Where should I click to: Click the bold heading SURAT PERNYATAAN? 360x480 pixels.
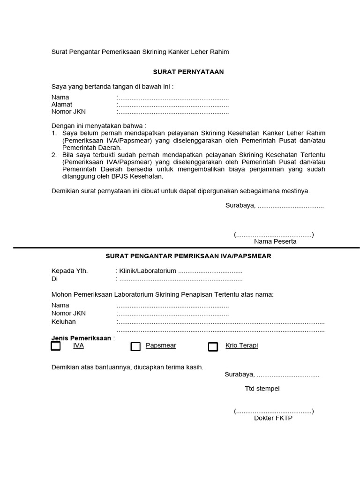coord(188,72)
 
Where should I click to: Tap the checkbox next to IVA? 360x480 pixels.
coord(56,346)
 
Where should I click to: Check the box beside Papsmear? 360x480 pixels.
coord(135,346)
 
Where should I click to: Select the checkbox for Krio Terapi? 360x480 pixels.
coord(213,346)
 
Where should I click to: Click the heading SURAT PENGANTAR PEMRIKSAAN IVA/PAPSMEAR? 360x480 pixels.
coord(188,256)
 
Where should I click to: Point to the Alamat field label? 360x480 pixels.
coord(62,105)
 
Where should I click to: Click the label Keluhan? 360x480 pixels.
coord(63,322)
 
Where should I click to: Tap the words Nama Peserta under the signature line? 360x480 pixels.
coord(275,241)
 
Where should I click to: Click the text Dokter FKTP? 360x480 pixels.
coord(273,418)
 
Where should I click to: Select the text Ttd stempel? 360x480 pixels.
coord(262,389)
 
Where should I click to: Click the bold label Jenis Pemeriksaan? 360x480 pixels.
coord(81,338)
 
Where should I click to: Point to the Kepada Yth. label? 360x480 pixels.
coord(69,271)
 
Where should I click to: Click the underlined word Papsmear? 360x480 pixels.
coord(161,345)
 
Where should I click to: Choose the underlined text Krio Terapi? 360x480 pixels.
coord(241,345)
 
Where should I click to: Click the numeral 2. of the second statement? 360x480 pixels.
coord(54,155)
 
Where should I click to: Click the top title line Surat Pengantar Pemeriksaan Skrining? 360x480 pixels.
coord(140,52)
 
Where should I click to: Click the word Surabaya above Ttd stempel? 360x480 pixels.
coord(239,374)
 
